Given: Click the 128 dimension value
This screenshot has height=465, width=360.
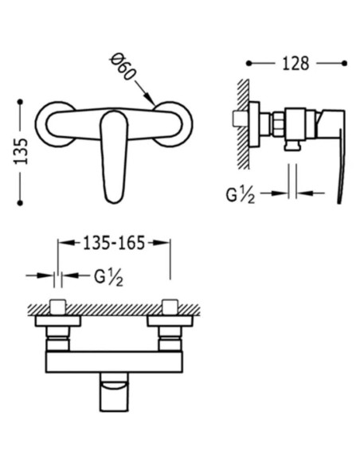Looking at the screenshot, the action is (295, 64).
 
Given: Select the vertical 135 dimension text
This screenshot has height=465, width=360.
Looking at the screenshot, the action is (21, 151).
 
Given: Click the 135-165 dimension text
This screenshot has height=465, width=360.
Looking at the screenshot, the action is (114, 243).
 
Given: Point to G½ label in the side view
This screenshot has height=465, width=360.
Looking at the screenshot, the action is (241, 195).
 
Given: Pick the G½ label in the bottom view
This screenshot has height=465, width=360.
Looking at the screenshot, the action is (109, 278).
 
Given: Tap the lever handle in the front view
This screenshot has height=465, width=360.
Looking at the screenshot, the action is (114, 157).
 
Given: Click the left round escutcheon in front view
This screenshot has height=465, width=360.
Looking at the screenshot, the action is (41, 124).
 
